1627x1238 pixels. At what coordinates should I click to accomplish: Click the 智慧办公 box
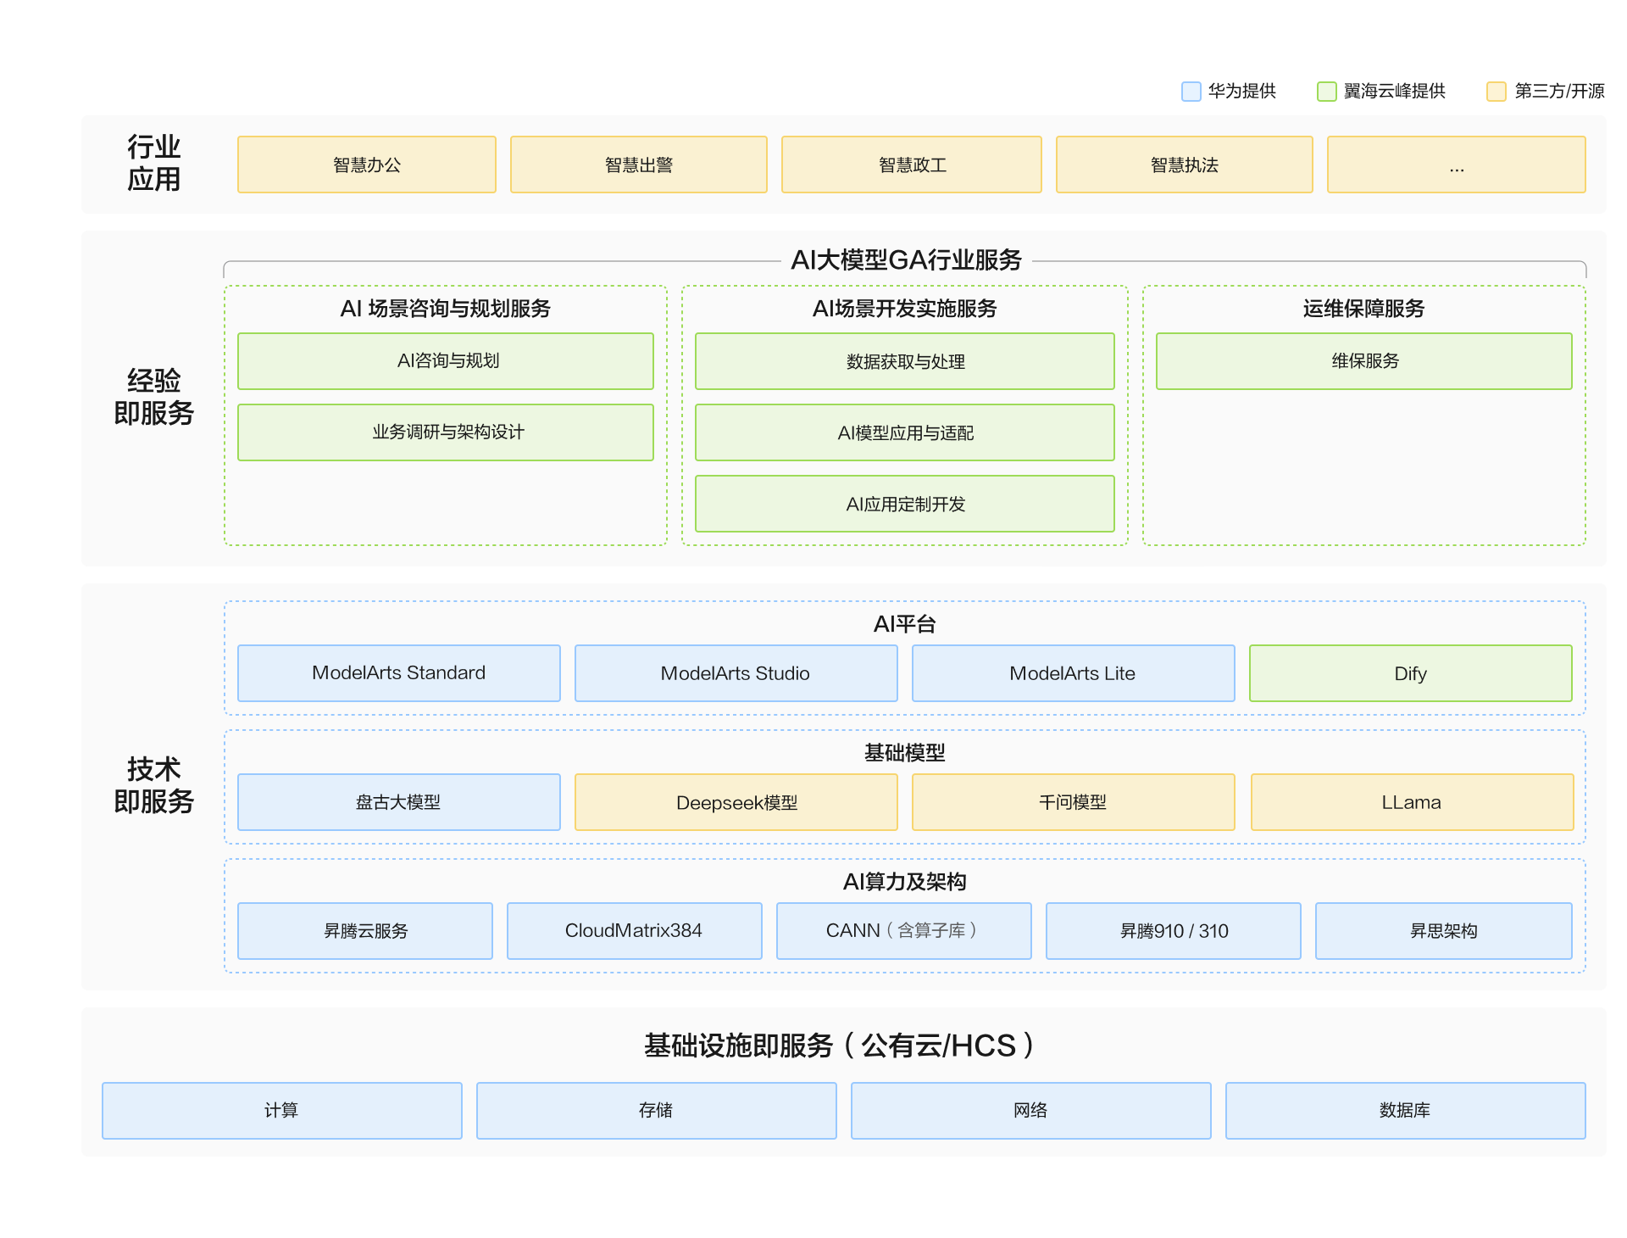click(367, 165)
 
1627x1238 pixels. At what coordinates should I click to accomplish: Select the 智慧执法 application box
click(1185, 165)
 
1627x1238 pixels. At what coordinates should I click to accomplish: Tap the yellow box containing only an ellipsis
click(1457, 165)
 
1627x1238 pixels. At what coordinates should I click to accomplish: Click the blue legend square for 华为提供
click(1191, 92)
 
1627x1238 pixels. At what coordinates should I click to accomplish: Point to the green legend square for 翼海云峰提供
click(1327, 92)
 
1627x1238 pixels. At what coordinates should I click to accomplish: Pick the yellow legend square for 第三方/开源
click(1497, 92)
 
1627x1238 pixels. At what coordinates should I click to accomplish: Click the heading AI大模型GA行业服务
click(906, 259)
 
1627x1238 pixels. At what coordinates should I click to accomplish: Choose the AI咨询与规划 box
click(446, 361)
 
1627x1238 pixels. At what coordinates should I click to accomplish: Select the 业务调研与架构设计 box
click(446, 432)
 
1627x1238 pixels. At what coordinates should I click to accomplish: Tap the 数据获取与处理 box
click(905, 361)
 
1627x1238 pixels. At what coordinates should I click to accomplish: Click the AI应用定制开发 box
click(905, 504)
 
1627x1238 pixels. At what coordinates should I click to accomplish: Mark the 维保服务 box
click(1364, 361)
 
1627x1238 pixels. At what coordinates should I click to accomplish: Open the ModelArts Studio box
click(736, 673)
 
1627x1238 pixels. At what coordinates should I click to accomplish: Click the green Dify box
click(1411, 673)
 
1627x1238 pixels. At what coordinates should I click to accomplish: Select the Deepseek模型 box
click(736, 802)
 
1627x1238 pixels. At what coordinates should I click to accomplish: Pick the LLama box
click(1413, 802)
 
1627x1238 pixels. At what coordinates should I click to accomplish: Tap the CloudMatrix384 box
click(635, 931)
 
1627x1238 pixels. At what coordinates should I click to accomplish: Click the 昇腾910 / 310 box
click(1174, 931)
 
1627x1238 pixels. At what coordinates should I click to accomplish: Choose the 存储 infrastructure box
click(657, 1111)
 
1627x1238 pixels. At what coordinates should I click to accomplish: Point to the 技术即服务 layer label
click(154, 785)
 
